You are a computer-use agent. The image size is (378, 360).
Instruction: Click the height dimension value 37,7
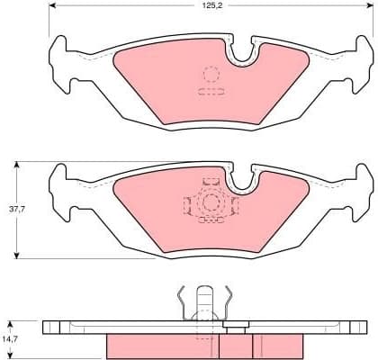[x=16, y=209]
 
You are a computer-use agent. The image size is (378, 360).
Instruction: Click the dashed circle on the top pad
[x=210, y=75]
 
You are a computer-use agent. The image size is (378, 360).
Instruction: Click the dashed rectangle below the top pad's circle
[x=210, y=92]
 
